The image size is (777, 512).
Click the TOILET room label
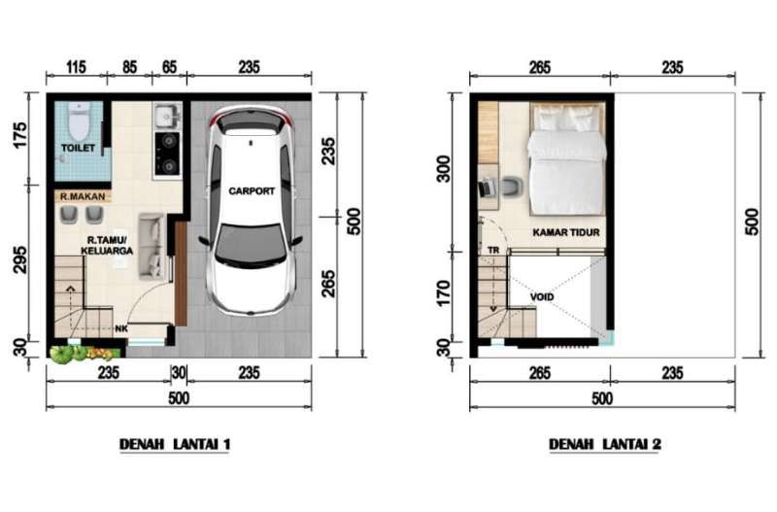pyautogui.click(x=78, y=148)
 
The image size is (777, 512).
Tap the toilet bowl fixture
pyautogui.click(x=79, y=122)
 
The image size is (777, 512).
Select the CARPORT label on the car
pyautogui.click(x=252, y=190)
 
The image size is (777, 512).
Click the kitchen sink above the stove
pyautogui.click(x=167, y=117)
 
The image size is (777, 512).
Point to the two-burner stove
pyautogui.click(x=167, y=154)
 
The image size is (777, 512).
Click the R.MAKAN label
pyautogui.click(x=83, y=197)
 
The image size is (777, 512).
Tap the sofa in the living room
pyautogui.click(x=152, y=246)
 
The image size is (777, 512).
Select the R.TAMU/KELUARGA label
pyautogui.click(x=107, y=246)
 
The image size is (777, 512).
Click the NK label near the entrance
pyautogui.click(x=120, y=328)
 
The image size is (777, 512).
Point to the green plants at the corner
pyautogui.click(x=84, y=354)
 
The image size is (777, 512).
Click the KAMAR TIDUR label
pyautogui.click(x=566, y=232)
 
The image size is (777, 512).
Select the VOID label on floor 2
pyautogui.click(x=542, y=297)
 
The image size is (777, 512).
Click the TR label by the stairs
pyautogui.click(x=493, y=251)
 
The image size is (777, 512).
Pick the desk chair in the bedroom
pyautogui.click(x=512, y=188)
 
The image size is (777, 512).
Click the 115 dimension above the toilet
pyautogui.click(x=76, y=67)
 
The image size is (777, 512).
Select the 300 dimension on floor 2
pyautogui.click(x=444, y=169)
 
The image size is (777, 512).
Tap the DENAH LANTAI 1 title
pyautogui.click(x=175, y=444)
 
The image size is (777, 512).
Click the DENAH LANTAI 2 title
pyautogui.click(x=604, y=444)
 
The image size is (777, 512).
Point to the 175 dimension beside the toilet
pyautogui.click(x=20, y=135)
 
